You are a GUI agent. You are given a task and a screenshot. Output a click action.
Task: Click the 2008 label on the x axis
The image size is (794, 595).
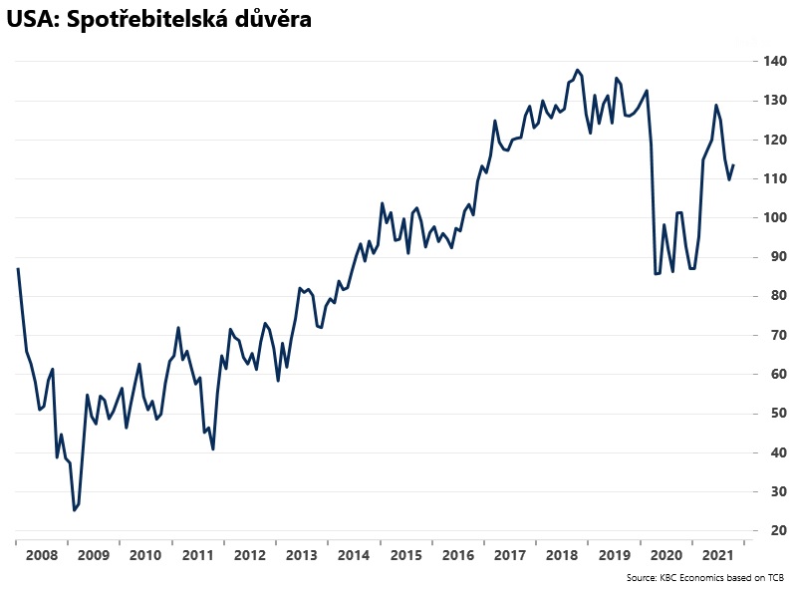tap(40, 555)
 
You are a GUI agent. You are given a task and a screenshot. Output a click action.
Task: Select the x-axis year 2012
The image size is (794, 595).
tap(249, 555)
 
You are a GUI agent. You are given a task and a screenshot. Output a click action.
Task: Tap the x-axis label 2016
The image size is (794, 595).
tap(457, 555)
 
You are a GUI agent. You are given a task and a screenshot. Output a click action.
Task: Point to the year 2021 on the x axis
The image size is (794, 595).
tap(718, 555)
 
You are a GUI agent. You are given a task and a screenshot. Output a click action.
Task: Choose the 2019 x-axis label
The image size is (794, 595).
tap(614, 555)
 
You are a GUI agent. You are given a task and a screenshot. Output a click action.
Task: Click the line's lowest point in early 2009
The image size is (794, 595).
tap(74, 510)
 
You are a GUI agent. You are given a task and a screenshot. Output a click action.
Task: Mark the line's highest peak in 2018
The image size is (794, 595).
tap(578, 70)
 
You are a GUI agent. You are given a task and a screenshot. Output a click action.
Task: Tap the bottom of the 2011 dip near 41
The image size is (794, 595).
tap(213, 449)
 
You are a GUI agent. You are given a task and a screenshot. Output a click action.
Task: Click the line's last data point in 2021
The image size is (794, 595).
tap(734, 165)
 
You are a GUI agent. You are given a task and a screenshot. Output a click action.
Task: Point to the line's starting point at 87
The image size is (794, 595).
tap(18, 269)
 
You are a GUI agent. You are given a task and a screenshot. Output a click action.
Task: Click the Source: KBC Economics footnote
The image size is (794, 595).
tap(704, 578)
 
